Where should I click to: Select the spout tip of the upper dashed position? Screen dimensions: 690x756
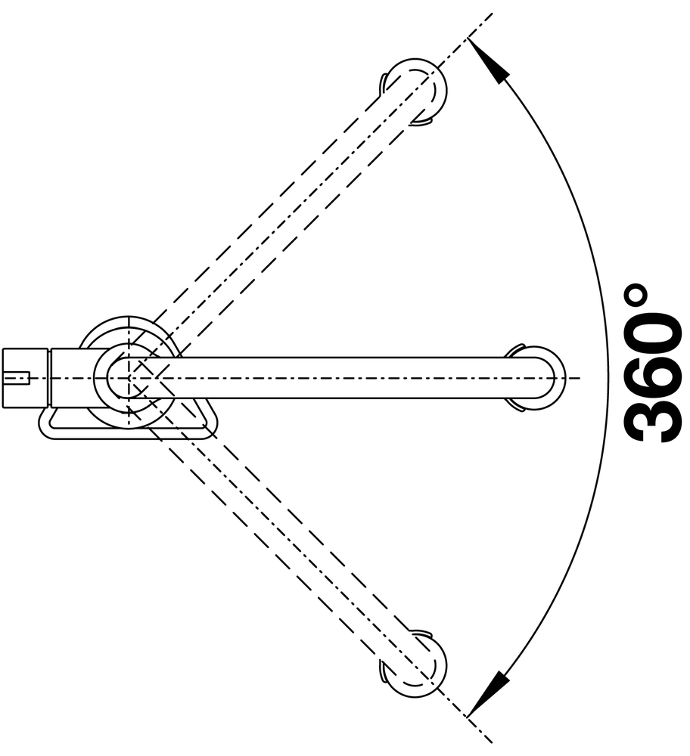[x=416, y=92]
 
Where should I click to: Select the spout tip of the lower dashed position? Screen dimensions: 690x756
[x=416, y=664]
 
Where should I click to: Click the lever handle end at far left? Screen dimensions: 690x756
[x=25, y=378]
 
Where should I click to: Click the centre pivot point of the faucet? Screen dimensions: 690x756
[x=129, y=378]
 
